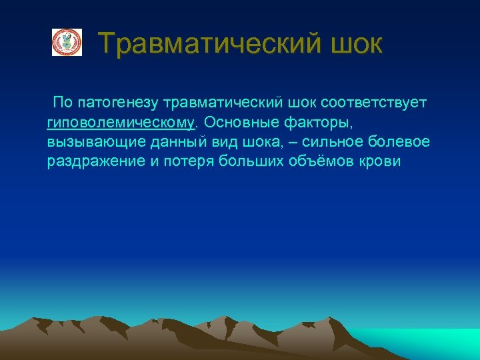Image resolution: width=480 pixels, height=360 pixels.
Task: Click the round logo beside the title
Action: click(67, 43)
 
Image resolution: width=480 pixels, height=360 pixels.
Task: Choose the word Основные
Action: click(233, 123)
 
